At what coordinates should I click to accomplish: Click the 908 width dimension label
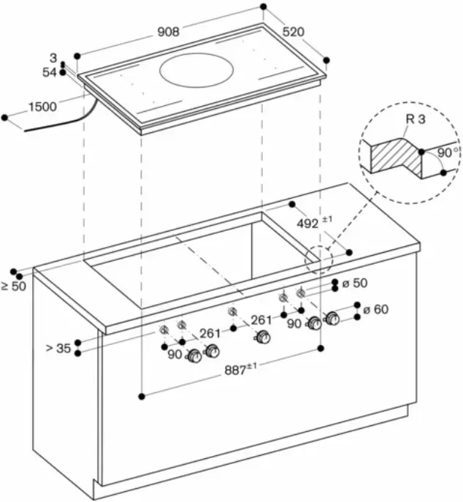[x=167, y=32]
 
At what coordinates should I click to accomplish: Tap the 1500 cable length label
[x=42, y=107]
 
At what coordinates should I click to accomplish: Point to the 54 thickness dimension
[x=50, y=72]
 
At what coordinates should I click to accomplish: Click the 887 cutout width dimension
[x=242, y=370]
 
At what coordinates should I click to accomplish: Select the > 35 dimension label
[x=58, y=349]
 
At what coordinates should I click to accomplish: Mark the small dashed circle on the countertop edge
[x=319, y=259]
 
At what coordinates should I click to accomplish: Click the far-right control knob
[x=332, y=319]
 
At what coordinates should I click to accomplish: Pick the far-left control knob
[x=195, y=357]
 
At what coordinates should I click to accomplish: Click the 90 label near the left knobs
[x=175, y=354]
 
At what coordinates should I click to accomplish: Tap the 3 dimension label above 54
[x=53, y=58]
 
